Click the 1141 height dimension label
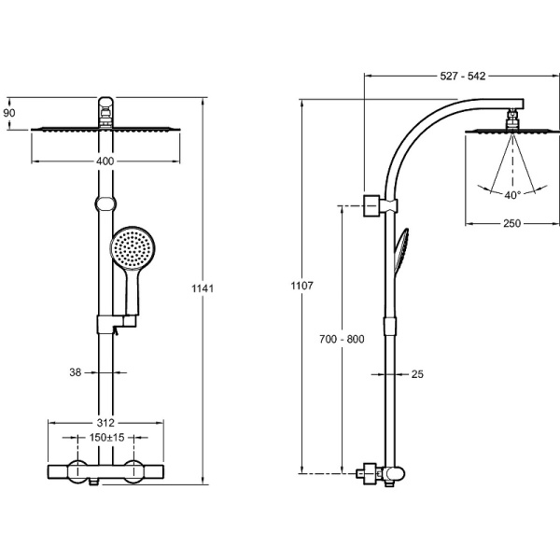click(x=204, y=289)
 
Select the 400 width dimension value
click(x=105, y=161)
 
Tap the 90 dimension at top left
click(x=10, y=113)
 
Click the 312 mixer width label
click(x=105, y=420)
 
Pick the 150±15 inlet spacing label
click(x=105, y=438)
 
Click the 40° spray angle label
click(x=512, y=195)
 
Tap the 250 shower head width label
click(x=511, y=223)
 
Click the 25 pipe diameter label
click(x=417, y=374)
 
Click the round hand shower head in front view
click(x=130, y=248)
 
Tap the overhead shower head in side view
click(x=511, y=132)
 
